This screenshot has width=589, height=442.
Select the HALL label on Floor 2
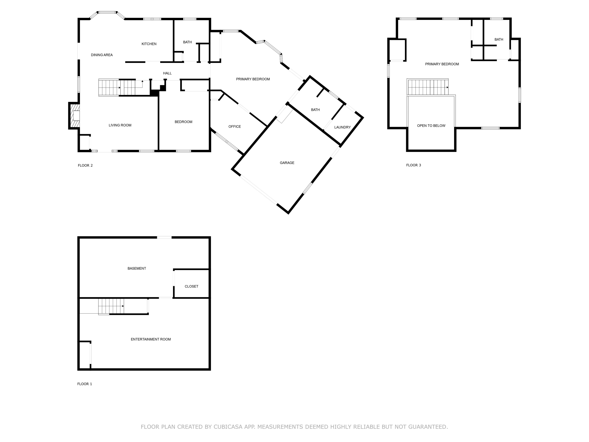click(x=167, y=73)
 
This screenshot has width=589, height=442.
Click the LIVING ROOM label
click(x=120, y=125)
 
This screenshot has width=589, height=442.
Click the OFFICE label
click(x=235, y=127)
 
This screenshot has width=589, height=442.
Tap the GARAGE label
click(x=287, y=163)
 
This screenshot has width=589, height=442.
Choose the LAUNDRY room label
click(x=342, y=127)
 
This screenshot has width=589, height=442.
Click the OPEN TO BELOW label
click(x=431, y=126)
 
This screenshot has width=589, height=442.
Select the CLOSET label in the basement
click(x=191, y=286)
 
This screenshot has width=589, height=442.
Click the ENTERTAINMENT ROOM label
click(x=151, y=339)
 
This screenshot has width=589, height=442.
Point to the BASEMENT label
click(x=137, y=269)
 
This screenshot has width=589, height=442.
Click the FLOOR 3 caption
click(x=413, y=165)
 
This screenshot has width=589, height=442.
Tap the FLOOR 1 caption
click(x=85, y=384)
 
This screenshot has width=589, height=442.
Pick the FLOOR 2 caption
click(x=85, y=165)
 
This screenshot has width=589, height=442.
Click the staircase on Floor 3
click(x=428, y=87)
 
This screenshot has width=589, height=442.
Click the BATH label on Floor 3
click(x=499, y=39)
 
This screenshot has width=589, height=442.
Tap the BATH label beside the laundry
click(x=315, y=110)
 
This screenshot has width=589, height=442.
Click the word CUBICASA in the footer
click(x=228, y=427)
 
